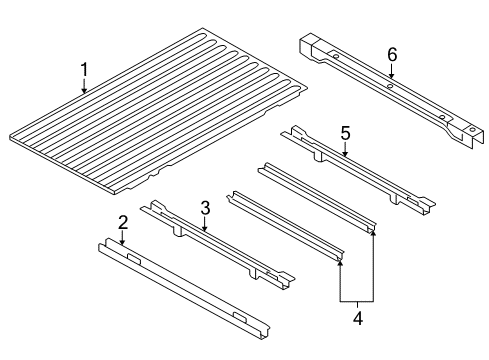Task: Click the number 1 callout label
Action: (85, 70)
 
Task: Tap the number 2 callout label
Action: (122, 221)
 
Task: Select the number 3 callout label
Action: (204, 207)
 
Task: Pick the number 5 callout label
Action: (344, 133)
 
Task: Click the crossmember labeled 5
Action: (360, 170)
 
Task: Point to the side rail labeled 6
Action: (390, 90)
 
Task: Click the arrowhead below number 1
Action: (85, 92)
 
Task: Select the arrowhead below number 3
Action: (204, 231)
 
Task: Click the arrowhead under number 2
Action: (122, 245)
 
